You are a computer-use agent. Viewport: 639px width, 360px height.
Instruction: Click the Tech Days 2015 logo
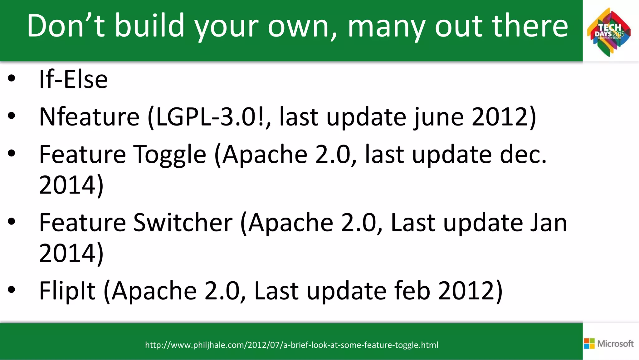[609, 32]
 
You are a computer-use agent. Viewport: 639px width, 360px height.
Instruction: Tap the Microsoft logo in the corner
[608, 343]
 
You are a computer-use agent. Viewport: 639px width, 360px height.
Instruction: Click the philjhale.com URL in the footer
[291, 345]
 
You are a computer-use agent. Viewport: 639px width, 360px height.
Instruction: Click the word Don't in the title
[66, 26]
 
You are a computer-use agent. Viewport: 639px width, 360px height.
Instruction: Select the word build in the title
[149, 26]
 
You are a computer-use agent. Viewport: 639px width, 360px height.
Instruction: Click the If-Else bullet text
[73, 79]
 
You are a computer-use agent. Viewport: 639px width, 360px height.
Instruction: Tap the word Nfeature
[89, 117]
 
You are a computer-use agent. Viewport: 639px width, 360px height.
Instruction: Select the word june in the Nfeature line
[439, 117]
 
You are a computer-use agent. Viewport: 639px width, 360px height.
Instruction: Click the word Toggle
[170, 155]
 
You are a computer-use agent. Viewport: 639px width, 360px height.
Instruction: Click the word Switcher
[183, 223]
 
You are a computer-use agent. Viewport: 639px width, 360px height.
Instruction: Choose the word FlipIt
[67, 291]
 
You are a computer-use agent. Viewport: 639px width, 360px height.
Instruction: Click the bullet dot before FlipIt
[12, 290]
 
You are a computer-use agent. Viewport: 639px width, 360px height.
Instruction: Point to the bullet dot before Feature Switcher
[12, 222]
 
